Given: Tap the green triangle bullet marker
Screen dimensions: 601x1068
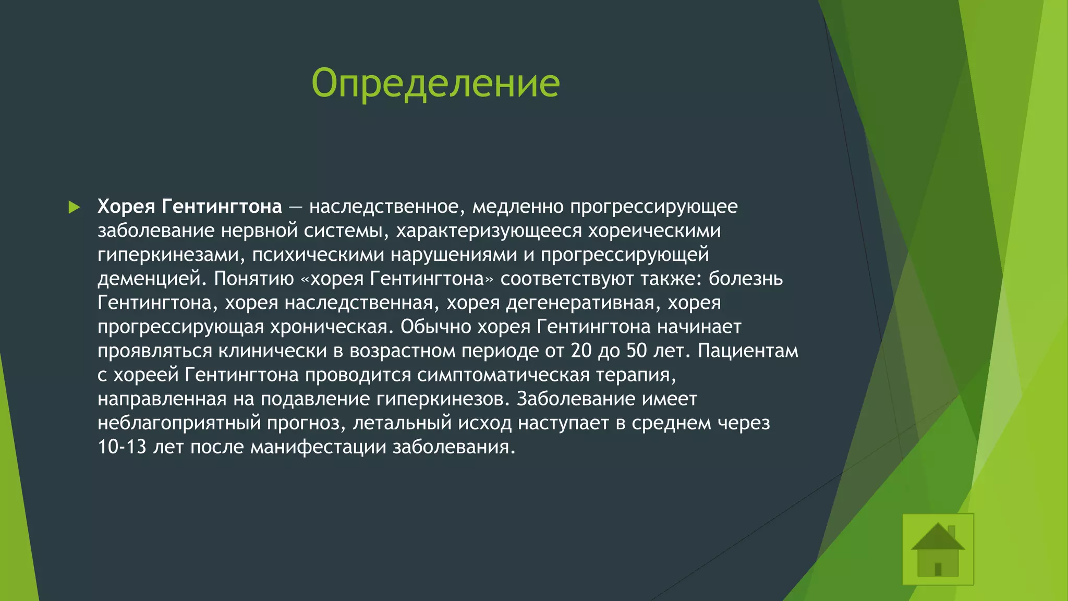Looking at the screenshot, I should point(74,207).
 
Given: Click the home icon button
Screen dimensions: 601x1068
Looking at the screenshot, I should point(938,549).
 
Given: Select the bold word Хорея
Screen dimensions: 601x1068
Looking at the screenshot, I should point(126,207).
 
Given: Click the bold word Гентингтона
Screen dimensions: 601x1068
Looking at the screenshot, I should point(221,207).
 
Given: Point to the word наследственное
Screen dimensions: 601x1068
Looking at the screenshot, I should point(384,207).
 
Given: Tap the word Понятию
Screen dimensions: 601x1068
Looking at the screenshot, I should point(254,279).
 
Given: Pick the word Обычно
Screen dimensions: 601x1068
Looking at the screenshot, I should point(436,327).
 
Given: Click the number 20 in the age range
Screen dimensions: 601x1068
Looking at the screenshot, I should point(581,351).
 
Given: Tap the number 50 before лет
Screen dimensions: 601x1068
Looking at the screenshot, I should point(636,351).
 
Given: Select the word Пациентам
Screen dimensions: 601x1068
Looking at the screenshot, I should point(748,351).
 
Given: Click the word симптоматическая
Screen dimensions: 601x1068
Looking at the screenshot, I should point(503,375).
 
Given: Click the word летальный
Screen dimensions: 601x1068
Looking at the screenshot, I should point(402,423).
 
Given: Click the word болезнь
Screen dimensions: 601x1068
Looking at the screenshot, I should point(745,279).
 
